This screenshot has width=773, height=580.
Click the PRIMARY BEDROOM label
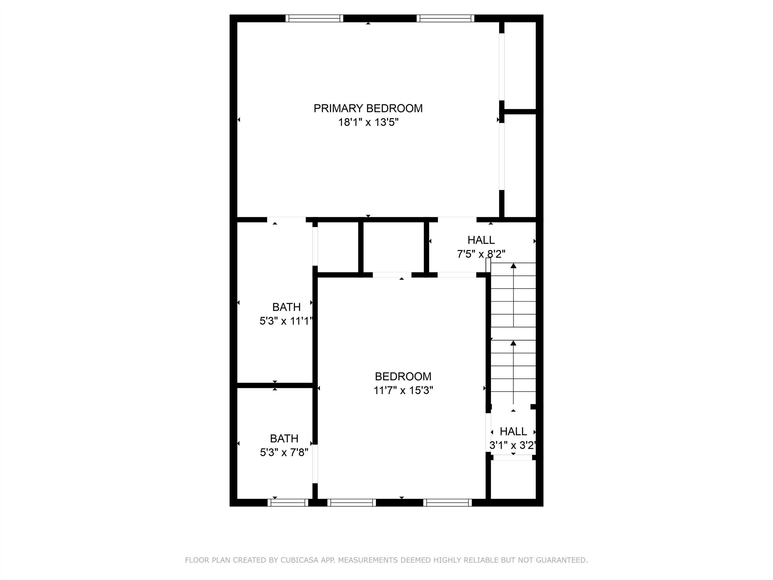click(x=368, y=108)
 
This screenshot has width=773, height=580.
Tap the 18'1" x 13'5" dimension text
click(x=368, y=122)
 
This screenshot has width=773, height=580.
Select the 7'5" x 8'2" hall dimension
click(x=481, y=254)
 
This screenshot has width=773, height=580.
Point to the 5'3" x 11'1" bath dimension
click(x=286, y=321)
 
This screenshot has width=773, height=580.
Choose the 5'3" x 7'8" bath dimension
click(x=284, y=452)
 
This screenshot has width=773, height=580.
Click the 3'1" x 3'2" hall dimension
click(x=513, y=445)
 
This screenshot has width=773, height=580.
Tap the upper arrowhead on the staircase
click(x=513, y=266)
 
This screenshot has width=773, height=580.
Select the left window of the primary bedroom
click(x=314, y=18)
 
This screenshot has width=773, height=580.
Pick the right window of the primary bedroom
click(x=445, y=18)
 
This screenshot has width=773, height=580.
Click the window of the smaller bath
click(x=288, y=502)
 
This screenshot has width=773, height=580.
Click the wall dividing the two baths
click(x=275, y=385)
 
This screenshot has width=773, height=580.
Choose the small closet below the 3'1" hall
click(x=513, y=479)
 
